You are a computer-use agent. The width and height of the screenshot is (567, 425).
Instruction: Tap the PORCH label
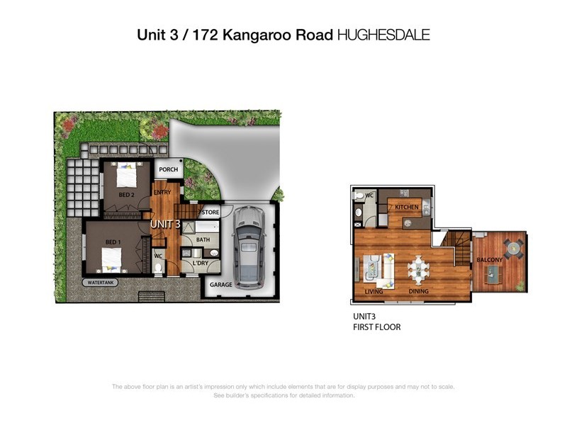[168, 170]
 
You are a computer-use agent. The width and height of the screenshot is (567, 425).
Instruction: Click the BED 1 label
[112, 242]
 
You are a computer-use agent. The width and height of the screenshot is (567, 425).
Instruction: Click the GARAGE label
[220, 285]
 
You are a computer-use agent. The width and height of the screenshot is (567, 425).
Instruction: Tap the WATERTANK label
[101, 282]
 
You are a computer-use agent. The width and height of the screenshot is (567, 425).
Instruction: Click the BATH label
[203, 240]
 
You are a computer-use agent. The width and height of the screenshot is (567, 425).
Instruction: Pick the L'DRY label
[200, 264]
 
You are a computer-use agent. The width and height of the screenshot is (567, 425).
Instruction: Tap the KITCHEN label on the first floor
[408, 207]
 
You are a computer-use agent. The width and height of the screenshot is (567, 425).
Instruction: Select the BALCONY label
[489, 260]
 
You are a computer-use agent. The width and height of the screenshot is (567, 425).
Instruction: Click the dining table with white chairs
[418, 268]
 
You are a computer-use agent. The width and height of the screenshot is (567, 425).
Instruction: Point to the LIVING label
[374, 291]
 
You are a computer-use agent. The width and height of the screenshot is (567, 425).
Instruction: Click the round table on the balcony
[511, 249]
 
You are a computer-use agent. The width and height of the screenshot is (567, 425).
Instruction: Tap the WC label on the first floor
[369, 195]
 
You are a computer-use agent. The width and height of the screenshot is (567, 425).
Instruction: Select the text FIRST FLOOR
[377, 327]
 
